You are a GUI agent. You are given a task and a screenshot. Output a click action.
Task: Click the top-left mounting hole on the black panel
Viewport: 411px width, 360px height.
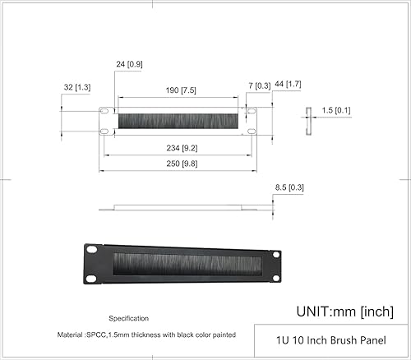pyautogui.click(x=93, y=251)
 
